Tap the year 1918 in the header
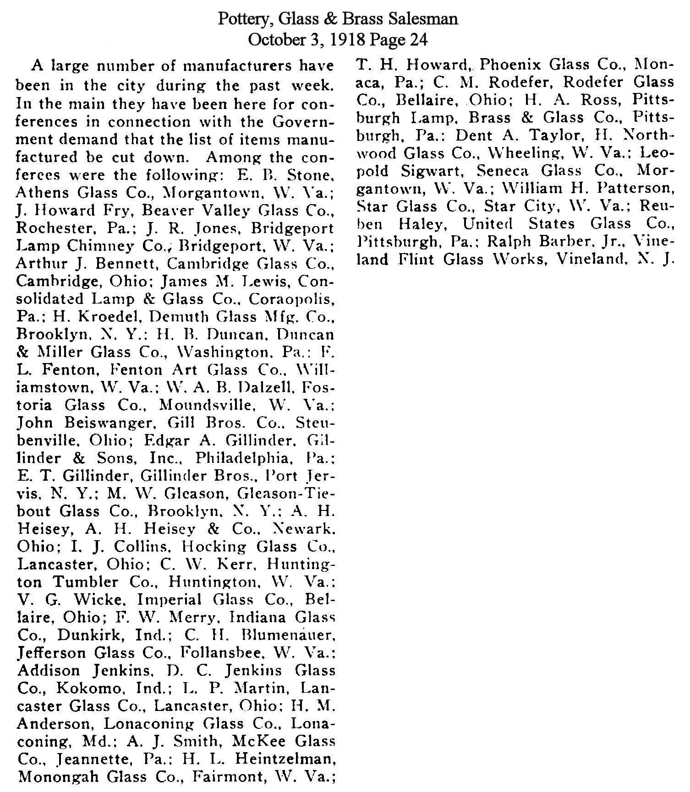pos(349,40)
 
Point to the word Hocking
pos(215,547)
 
